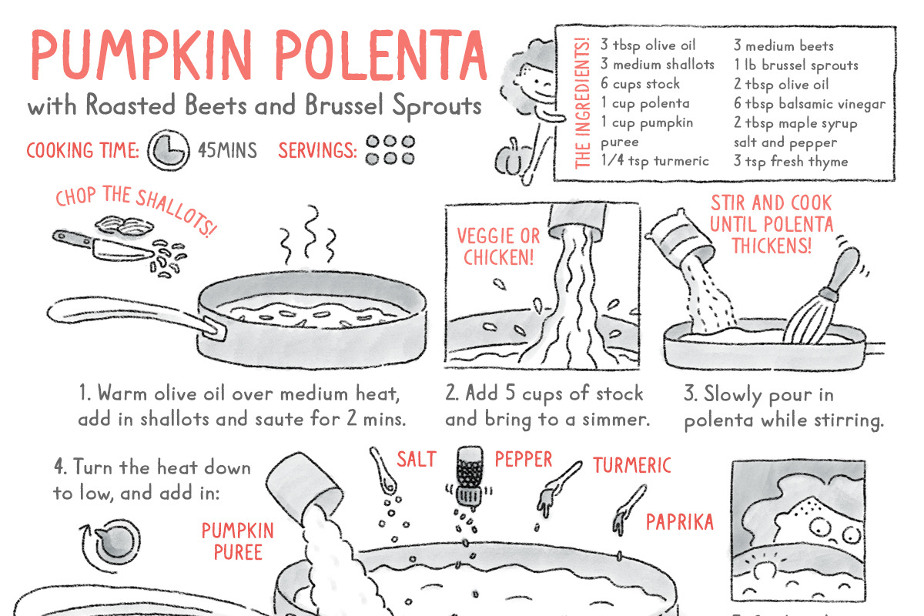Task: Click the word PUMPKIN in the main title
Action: click(141, 55)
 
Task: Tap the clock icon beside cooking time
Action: click(169, 150)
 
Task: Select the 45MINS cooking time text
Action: click(227, 150)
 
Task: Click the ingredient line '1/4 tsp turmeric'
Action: click(654, 160)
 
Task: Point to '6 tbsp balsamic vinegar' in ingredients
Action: click(809, 104)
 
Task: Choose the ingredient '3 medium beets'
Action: click(784, 45)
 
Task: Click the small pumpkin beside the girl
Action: click(511, 159)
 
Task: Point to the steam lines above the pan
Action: click(308, 234)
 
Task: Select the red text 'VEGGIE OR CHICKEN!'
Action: click(498, 246)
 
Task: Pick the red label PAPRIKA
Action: click(679, 522)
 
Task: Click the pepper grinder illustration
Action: click(470, 477)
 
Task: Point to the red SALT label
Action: click(417, 459)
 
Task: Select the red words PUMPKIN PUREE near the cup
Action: click(238, 541)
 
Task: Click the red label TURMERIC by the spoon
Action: click(632, 465)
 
